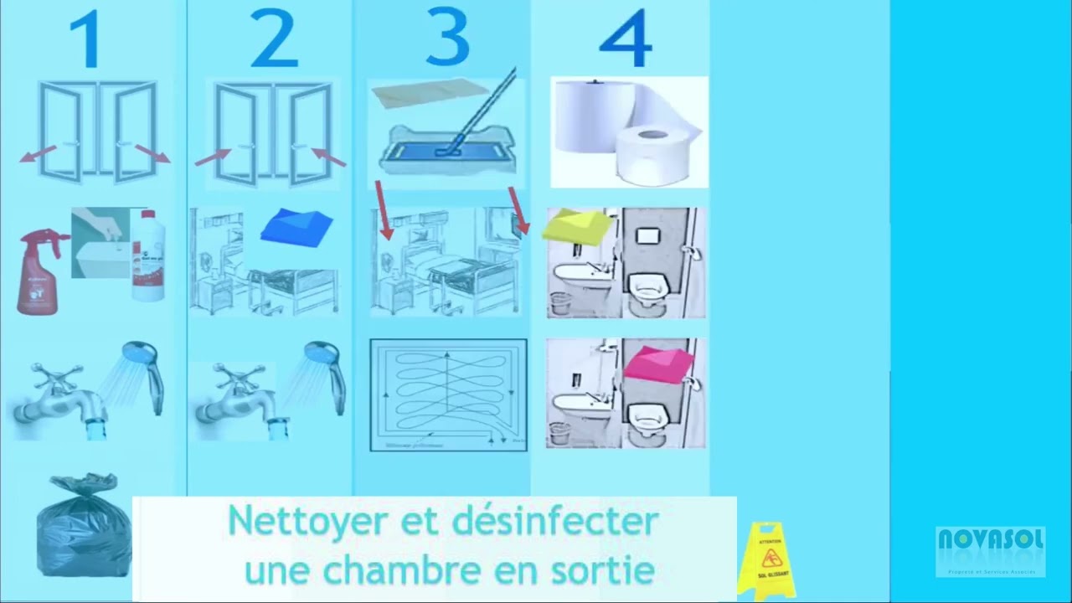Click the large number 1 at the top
(x=86, y=39)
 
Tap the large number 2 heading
(x=273, y=39)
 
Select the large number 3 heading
(x=447, y=38)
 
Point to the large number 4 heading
(x=626, y=39)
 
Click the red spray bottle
(x=39, y=271)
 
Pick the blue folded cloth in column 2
(x=297, y=226)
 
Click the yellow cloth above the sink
(x=578, y=226)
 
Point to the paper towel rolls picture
(x=629, y=131)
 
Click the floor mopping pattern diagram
(x=448, y=394)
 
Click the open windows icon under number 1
(x=97, y=131)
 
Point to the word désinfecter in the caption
(x=555, y=522)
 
